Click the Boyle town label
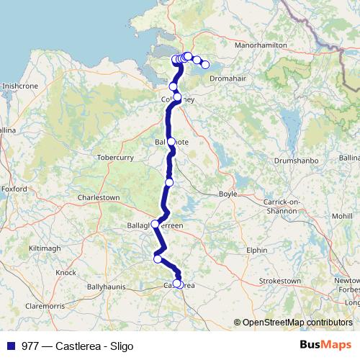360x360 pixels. coord(227,194)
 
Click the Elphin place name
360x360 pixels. coord(257,251)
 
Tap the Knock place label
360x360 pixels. coord(66,273)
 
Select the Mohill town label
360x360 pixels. coord(338,215)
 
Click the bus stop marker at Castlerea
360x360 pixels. coord(177,284)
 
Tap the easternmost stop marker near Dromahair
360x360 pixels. coord(205,65)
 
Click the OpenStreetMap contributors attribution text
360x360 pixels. coord(294,323)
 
